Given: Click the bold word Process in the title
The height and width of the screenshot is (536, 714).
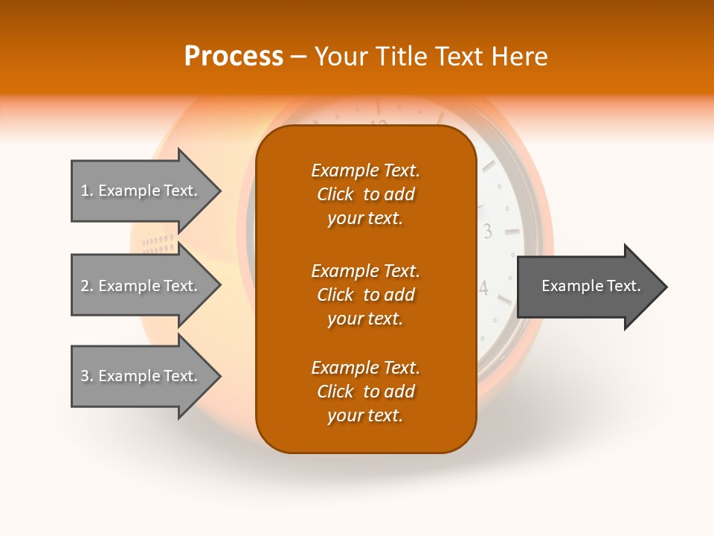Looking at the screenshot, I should point(234,56).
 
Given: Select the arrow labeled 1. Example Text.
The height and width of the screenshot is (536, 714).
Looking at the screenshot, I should point(141,191).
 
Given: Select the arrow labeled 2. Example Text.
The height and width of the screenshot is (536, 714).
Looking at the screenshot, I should point(141,286).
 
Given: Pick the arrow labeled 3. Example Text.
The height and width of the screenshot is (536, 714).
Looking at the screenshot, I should point(141,376).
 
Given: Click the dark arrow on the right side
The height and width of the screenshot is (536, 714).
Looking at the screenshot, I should point(588,287).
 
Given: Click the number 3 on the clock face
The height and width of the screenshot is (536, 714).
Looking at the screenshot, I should point(488,232).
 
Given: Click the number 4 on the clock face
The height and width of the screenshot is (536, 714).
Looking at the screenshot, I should point(483,288).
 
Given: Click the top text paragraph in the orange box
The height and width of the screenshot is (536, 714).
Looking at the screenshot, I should point(365,194).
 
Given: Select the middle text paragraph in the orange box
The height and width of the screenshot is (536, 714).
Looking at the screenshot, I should point(365,294).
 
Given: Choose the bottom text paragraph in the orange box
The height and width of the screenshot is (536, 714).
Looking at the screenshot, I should point(365,392).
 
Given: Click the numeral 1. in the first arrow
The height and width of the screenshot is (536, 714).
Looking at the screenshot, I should point(86,191).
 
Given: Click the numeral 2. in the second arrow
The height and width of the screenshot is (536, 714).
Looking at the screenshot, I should point(86,286).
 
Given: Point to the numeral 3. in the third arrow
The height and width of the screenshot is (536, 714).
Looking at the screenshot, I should point(86,376).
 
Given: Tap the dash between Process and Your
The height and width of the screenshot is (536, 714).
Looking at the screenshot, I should point(298,57).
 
